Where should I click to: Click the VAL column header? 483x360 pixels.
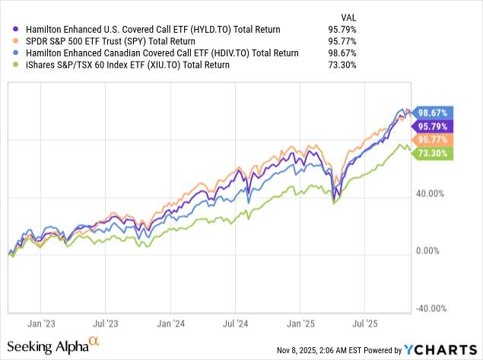tap(347, 16)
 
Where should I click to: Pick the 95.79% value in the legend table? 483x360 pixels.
tap(347, 30)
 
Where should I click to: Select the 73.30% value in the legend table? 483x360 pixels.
tap(347, 65)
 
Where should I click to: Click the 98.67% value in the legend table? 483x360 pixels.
tap(347, 53)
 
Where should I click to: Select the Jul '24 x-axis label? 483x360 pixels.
tap(234, 322)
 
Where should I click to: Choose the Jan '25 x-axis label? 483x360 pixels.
tap(301, 322)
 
